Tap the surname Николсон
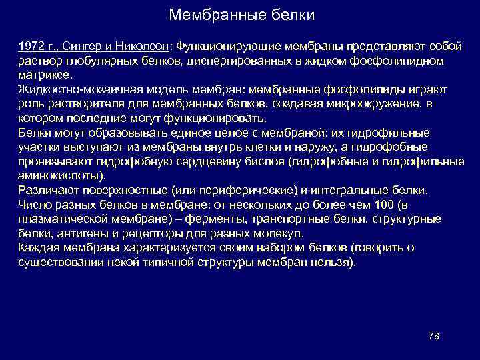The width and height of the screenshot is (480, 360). pos(145,47)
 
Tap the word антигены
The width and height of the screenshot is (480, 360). pos(79,233)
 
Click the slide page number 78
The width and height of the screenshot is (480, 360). pos(433,335)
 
